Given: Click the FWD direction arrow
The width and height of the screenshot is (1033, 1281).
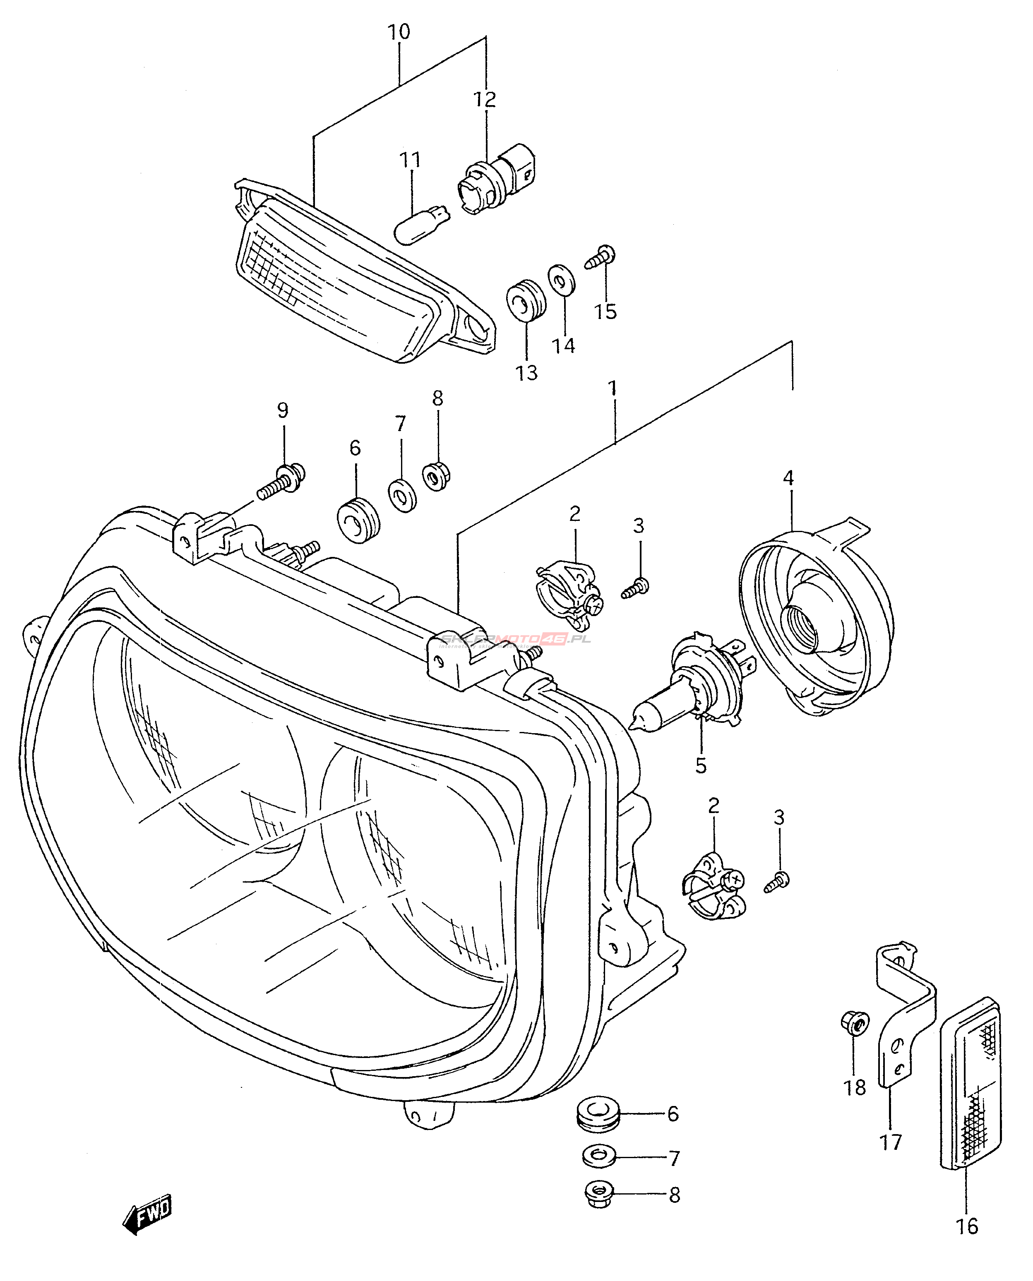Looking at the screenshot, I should click(x=148, y=1211).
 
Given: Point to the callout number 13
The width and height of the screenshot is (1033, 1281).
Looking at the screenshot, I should click(x=526, y=372).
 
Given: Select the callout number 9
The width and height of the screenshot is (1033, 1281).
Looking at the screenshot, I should click(x=283, y=410).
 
